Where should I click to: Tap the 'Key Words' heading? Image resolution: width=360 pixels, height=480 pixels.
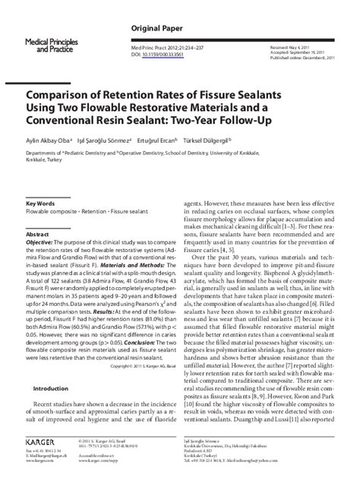tap(39, 182)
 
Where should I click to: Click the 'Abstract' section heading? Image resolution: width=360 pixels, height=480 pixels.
tap(37, 214)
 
